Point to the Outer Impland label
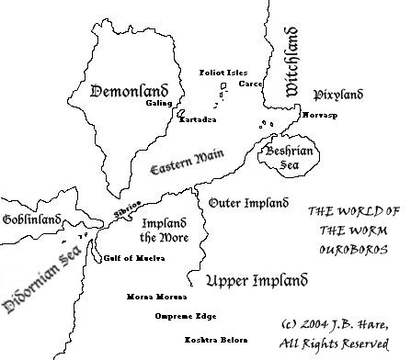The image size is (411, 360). pyautogui.click(x=244, y=201)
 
